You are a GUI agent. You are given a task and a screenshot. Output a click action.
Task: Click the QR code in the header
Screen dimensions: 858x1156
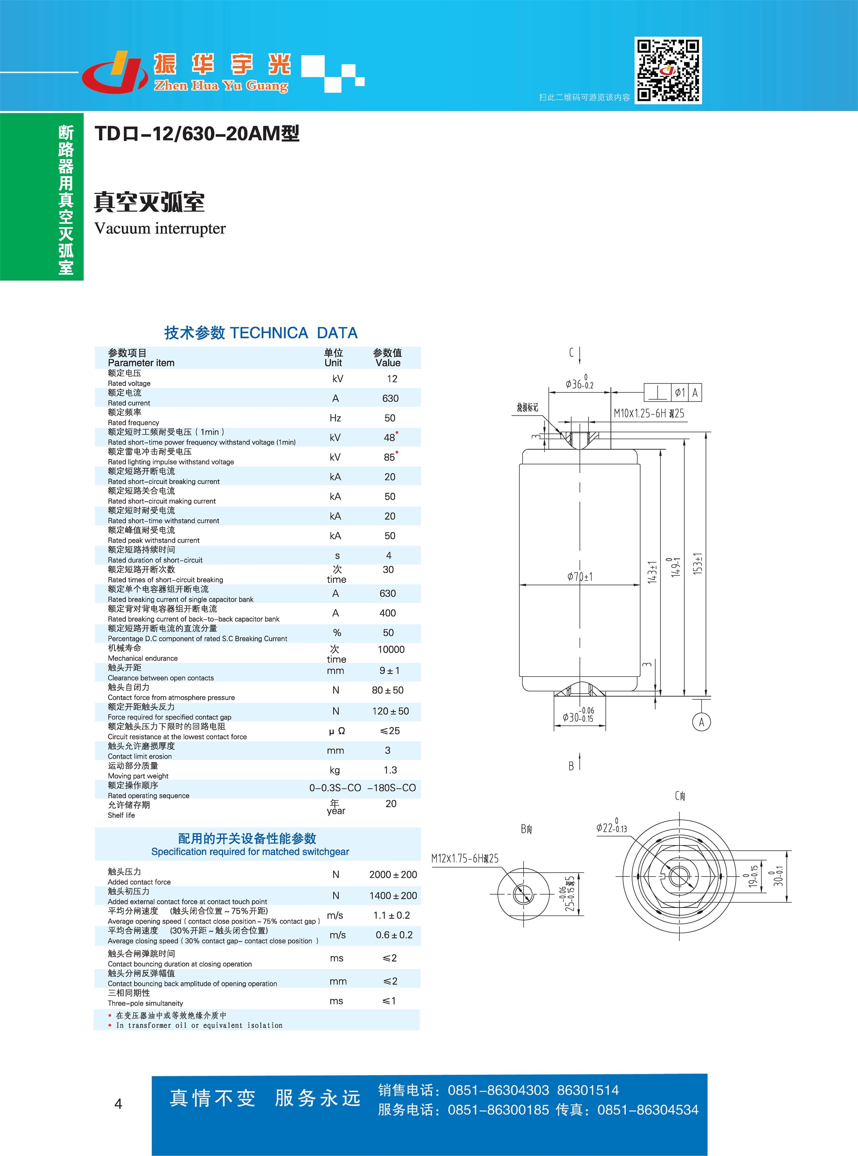coord(668,70)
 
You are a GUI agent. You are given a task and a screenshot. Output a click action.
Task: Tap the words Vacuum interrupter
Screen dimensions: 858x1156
coord(160,228)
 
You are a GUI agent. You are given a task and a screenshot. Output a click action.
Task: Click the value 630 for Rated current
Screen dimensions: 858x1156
coord(391,398)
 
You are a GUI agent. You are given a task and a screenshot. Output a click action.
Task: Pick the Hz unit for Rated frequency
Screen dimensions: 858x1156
coord(336,418)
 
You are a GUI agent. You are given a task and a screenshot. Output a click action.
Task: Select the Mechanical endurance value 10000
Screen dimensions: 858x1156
coord(391,649)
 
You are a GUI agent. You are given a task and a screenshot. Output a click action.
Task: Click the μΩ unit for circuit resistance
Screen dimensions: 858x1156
coord(337,731)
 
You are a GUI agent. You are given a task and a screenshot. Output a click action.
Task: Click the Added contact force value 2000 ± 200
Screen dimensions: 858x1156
coord(393,875)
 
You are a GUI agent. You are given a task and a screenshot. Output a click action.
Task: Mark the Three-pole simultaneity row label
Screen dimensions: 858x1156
coord(146,998)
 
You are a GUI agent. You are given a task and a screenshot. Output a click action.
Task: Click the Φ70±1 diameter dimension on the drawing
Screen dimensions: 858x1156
coord(580,577)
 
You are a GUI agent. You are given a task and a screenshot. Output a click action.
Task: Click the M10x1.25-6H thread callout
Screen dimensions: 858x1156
coord(649,413)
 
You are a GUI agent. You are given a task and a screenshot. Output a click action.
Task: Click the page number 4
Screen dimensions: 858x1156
coord(118,1104)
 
